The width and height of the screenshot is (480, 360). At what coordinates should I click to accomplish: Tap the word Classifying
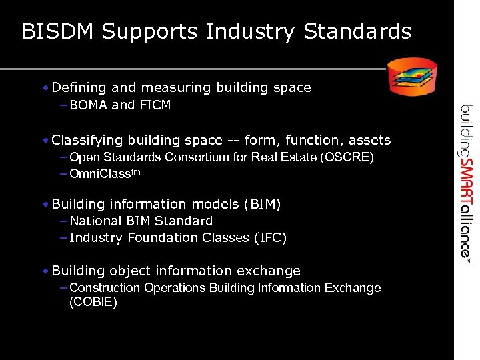click(x=87, y=141)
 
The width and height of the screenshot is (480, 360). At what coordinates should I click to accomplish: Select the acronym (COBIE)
click(x=93, y=302)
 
